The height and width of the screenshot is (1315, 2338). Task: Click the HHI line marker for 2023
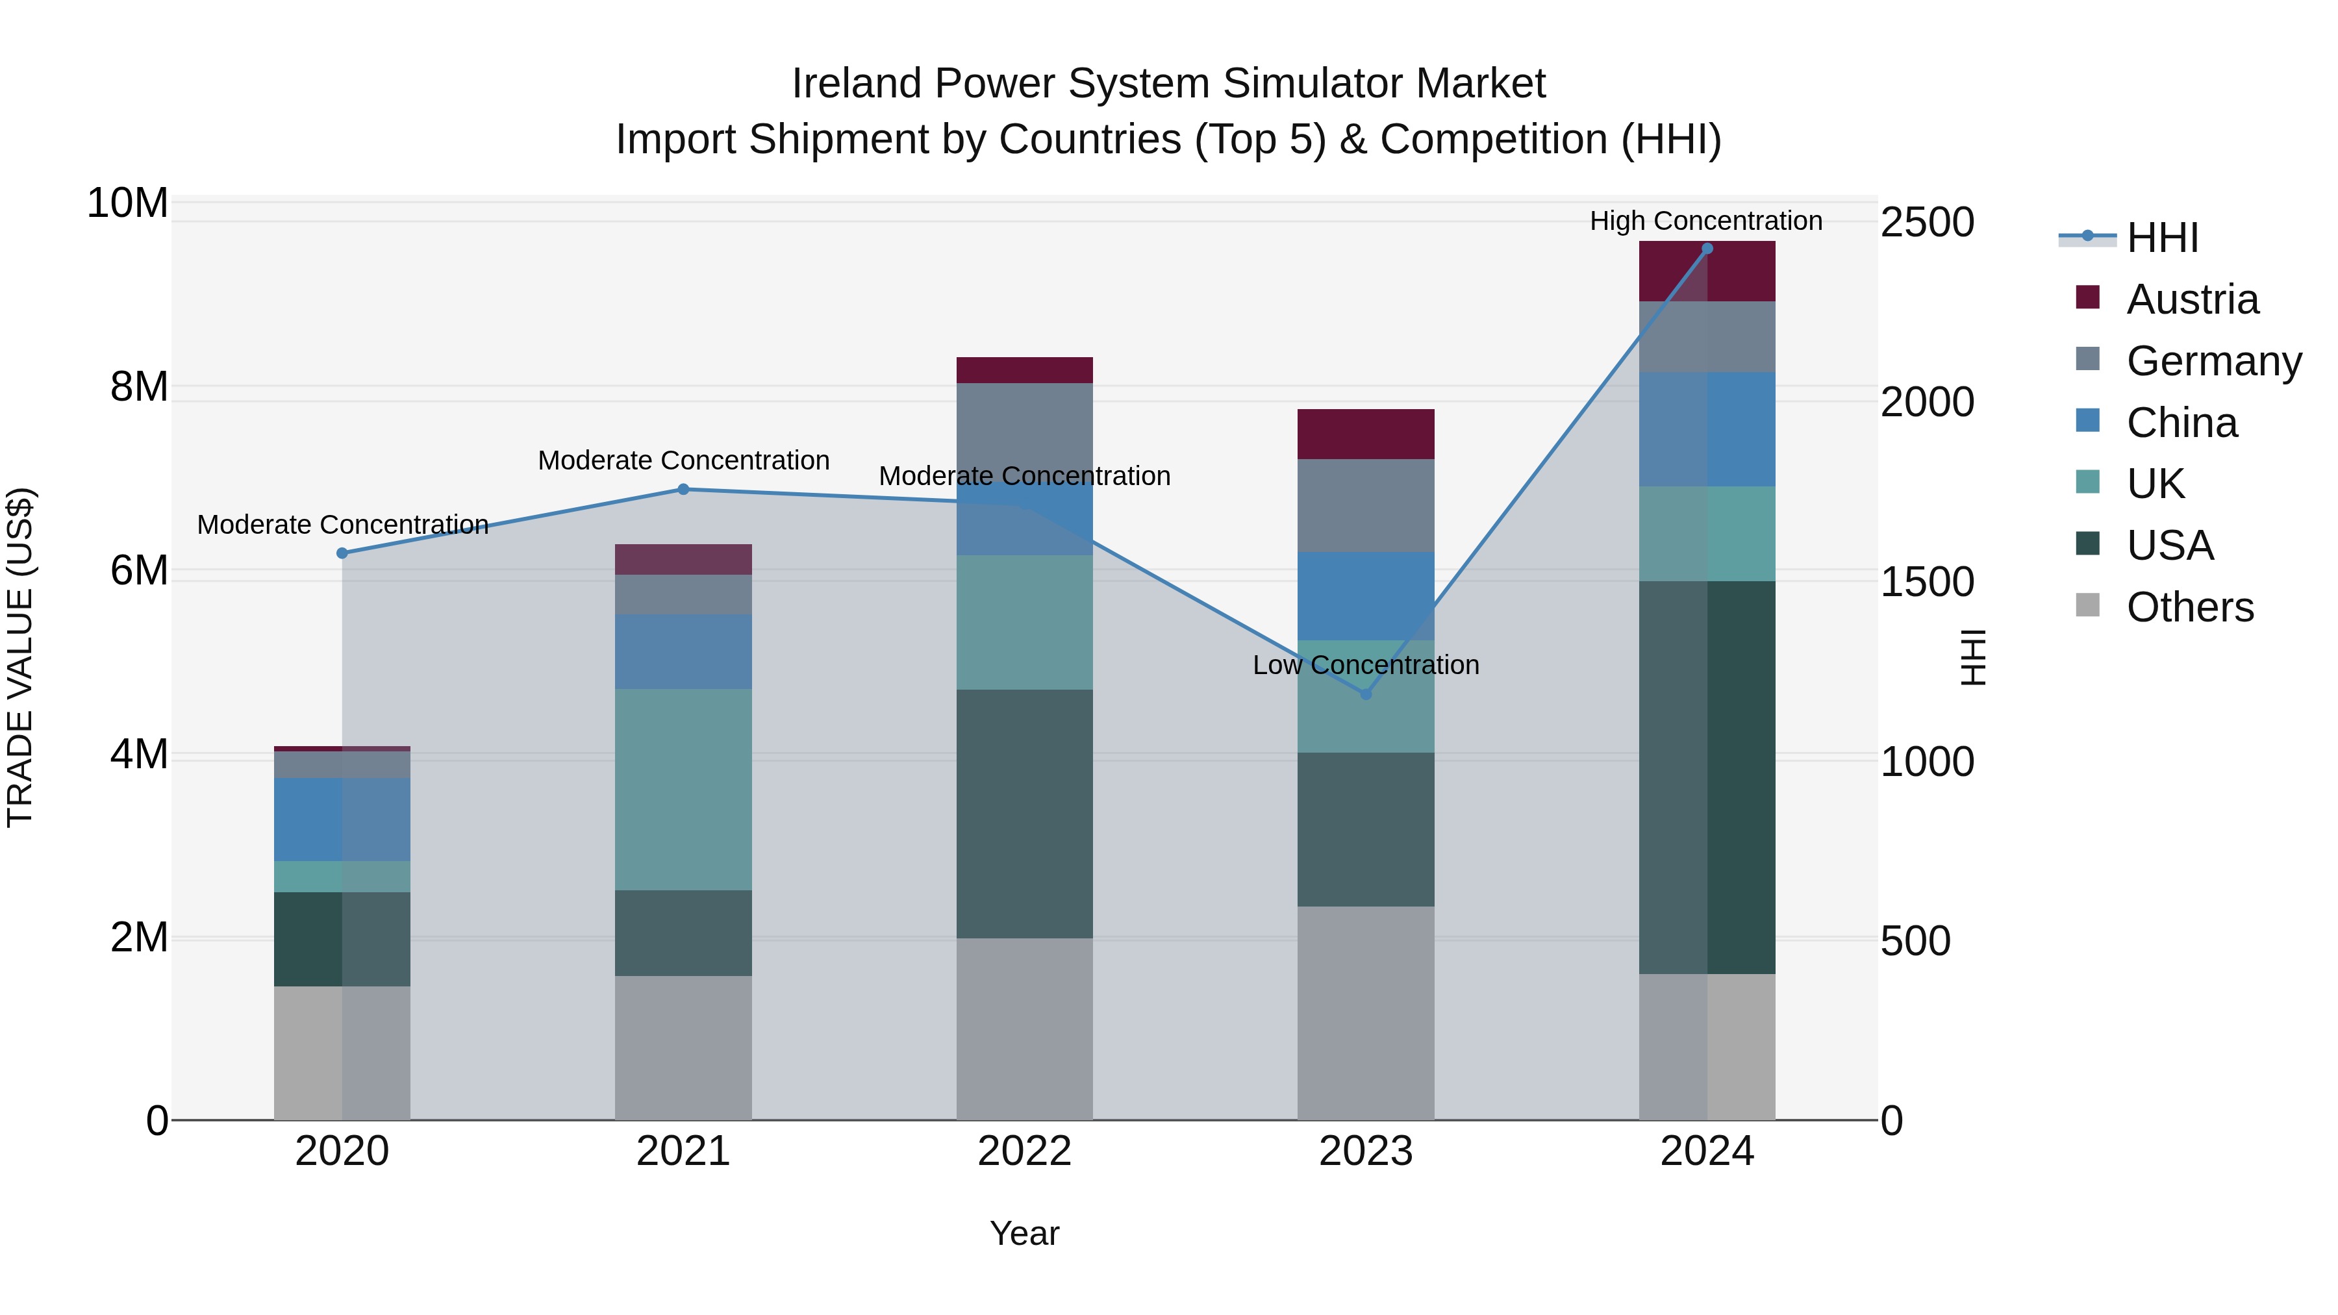[x=1365, y=694]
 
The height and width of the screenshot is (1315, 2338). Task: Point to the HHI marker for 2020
[x=342, y=553]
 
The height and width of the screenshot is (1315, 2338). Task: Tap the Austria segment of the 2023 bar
[x=1365, y=434]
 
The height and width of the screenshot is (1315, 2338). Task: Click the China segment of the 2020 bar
[x=342, y=819]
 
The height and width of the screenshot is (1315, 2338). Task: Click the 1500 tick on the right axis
[x=1927, y=582]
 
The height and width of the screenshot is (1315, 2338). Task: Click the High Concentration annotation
[x=1705, y=221]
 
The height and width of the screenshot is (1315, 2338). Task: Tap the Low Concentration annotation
[x=1365, y=664]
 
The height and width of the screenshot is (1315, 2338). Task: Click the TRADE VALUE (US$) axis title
[x=21, y=657]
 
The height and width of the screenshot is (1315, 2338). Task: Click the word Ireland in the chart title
[x=856, y=84]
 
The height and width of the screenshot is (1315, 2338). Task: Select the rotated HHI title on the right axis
[x=1973, y=657]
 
